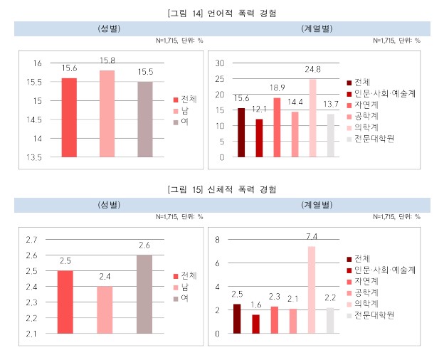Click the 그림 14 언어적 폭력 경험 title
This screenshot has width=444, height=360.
click(221, 13)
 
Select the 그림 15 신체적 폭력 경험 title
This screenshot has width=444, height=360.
click(221, 190)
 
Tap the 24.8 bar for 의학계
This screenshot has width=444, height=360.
click(312, 117)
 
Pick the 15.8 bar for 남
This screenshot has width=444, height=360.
click(107, 113)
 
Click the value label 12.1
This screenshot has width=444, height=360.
click(259, 110)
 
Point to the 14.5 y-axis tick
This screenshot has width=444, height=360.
click(33, 120)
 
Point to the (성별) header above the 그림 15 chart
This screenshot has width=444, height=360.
click(110, 205)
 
